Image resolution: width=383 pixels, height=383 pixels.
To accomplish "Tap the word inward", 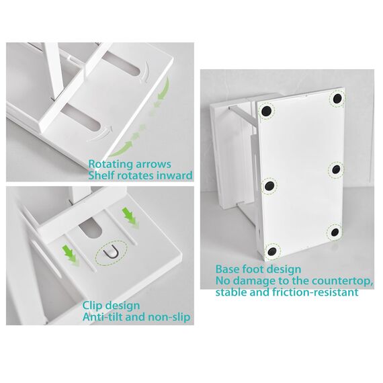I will pos(175,176).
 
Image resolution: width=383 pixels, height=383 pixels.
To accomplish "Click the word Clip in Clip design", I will pos(93,305).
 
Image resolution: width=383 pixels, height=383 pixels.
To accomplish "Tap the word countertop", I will pos(340,280).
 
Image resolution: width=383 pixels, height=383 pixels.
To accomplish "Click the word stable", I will pos(230,292).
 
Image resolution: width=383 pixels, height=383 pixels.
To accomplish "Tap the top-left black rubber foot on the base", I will pos(266,110).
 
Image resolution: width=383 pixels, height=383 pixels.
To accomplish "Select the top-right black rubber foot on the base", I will pos(336,99).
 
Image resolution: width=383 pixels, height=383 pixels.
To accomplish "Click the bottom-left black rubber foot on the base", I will pos(271,251).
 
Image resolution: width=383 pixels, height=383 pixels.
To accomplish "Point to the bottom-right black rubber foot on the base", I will pos(334,232).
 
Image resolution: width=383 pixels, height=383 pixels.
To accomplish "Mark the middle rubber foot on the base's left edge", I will pos(270,184).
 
